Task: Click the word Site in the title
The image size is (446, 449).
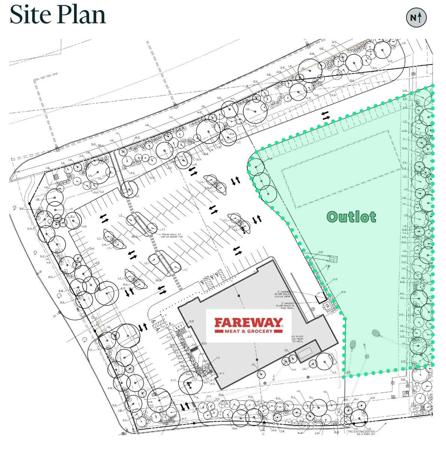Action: [31, 15]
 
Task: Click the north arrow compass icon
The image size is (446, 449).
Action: [416, 17]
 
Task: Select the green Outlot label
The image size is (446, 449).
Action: [351, 217]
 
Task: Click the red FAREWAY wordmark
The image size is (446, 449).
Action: [248, 323]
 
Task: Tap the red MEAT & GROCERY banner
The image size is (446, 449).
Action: [248, 331]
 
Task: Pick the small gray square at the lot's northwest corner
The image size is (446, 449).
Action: [56, 177]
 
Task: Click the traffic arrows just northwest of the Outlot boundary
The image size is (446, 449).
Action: [326, 115]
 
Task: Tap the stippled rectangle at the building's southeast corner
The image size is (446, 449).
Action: [307, 353]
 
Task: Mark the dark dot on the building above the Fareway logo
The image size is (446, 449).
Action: [239, 296]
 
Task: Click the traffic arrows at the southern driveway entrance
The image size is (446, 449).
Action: [185, 406]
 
